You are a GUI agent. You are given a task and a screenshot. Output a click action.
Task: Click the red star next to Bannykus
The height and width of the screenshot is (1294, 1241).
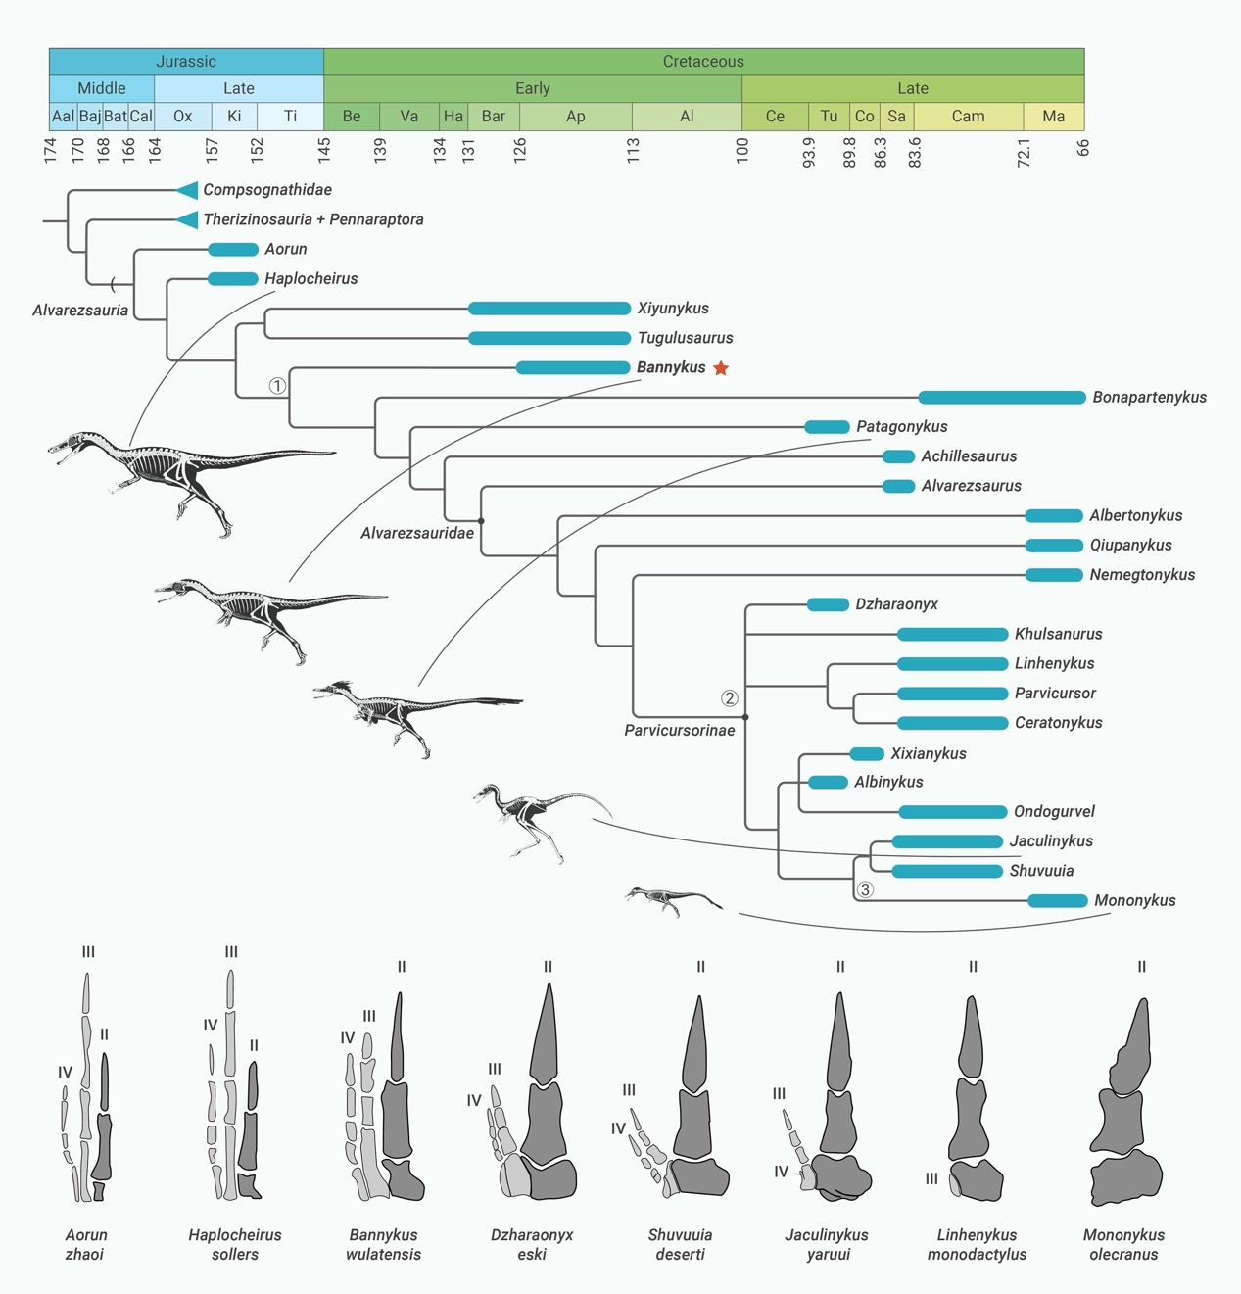click(721, 368)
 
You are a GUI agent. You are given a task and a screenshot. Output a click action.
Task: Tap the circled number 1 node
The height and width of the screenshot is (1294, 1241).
click(277, 386)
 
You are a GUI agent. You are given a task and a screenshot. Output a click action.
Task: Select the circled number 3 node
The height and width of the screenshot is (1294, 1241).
click(865, 889)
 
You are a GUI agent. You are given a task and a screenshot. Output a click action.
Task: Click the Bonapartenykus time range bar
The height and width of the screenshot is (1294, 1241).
click(1001, 398)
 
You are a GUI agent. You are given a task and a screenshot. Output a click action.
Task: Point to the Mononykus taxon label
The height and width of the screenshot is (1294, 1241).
click(1134, 900)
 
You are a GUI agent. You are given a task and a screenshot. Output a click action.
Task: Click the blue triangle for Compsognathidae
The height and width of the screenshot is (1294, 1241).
click(187, 190)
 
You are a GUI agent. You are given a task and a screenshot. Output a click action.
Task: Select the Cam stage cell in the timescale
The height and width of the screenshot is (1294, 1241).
click(968, 117)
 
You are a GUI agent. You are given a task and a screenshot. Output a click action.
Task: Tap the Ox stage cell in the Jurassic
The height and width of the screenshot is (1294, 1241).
click(183, 117)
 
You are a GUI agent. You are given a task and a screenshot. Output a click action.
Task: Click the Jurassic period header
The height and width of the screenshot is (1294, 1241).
click(186, 62)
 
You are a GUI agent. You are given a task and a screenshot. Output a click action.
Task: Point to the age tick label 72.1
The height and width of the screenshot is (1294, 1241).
click(1024, 153)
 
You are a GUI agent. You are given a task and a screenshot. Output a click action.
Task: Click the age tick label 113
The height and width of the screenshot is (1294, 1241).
click(634, 150)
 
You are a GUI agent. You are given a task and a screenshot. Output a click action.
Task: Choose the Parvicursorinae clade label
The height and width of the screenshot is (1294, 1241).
click(679, 731)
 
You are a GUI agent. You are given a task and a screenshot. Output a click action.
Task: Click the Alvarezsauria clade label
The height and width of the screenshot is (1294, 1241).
click(80, 311)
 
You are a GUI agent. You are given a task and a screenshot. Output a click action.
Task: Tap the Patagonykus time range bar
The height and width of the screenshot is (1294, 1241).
click(827, 427)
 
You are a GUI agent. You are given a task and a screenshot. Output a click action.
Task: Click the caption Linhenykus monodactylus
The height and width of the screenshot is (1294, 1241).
click(977, 1245)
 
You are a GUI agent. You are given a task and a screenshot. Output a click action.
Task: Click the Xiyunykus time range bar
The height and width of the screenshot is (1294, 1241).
click(549, 309)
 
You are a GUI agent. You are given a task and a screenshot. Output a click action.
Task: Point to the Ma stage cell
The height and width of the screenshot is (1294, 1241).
click(1053, 117)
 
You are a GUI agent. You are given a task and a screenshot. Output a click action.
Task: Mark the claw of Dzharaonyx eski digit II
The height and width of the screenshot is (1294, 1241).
click(545, 1034)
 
